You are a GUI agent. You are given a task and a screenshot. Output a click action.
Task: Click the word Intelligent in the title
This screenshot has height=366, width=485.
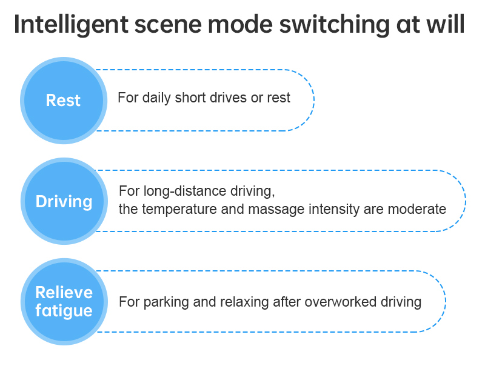pos(71,25)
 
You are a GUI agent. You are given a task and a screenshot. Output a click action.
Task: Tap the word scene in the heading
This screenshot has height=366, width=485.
pos(169,25)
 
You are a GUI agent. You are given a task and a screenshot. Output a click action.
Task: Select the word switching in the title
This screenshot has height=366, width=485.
pos(335,25)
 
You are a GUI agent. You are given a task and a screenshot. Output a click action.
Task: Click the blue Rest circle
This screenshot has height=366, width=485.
pos(64,101)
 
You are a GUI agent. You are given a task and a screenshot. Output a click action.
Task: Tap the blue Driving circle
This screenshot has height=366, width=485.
pos(64,201)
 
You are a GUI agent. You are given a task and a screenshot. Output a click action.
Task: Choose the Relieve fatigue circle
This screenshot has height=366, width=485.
pos(64,302)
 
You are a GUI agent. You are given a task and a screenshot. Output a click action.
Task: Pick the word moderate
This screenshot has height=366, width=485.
pos(416,209)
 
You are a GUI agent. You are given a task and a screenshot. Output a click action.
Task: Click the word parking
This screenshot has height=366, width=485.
pos(166,302)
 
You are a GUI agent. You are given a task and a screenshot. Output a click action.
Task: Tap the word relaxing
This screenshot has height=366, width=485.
pos(244,302)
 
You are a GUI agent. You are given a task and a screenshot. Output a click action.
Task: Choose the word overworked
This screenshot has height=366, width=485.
pos(340,302)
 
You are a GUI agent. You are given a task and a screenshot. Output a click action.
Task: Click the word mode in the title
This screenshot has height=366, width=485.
pos(240,25)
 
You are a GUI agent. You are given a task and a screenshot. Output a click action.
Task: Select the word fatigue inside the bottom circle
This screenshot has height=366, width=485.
pos(64,311)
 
